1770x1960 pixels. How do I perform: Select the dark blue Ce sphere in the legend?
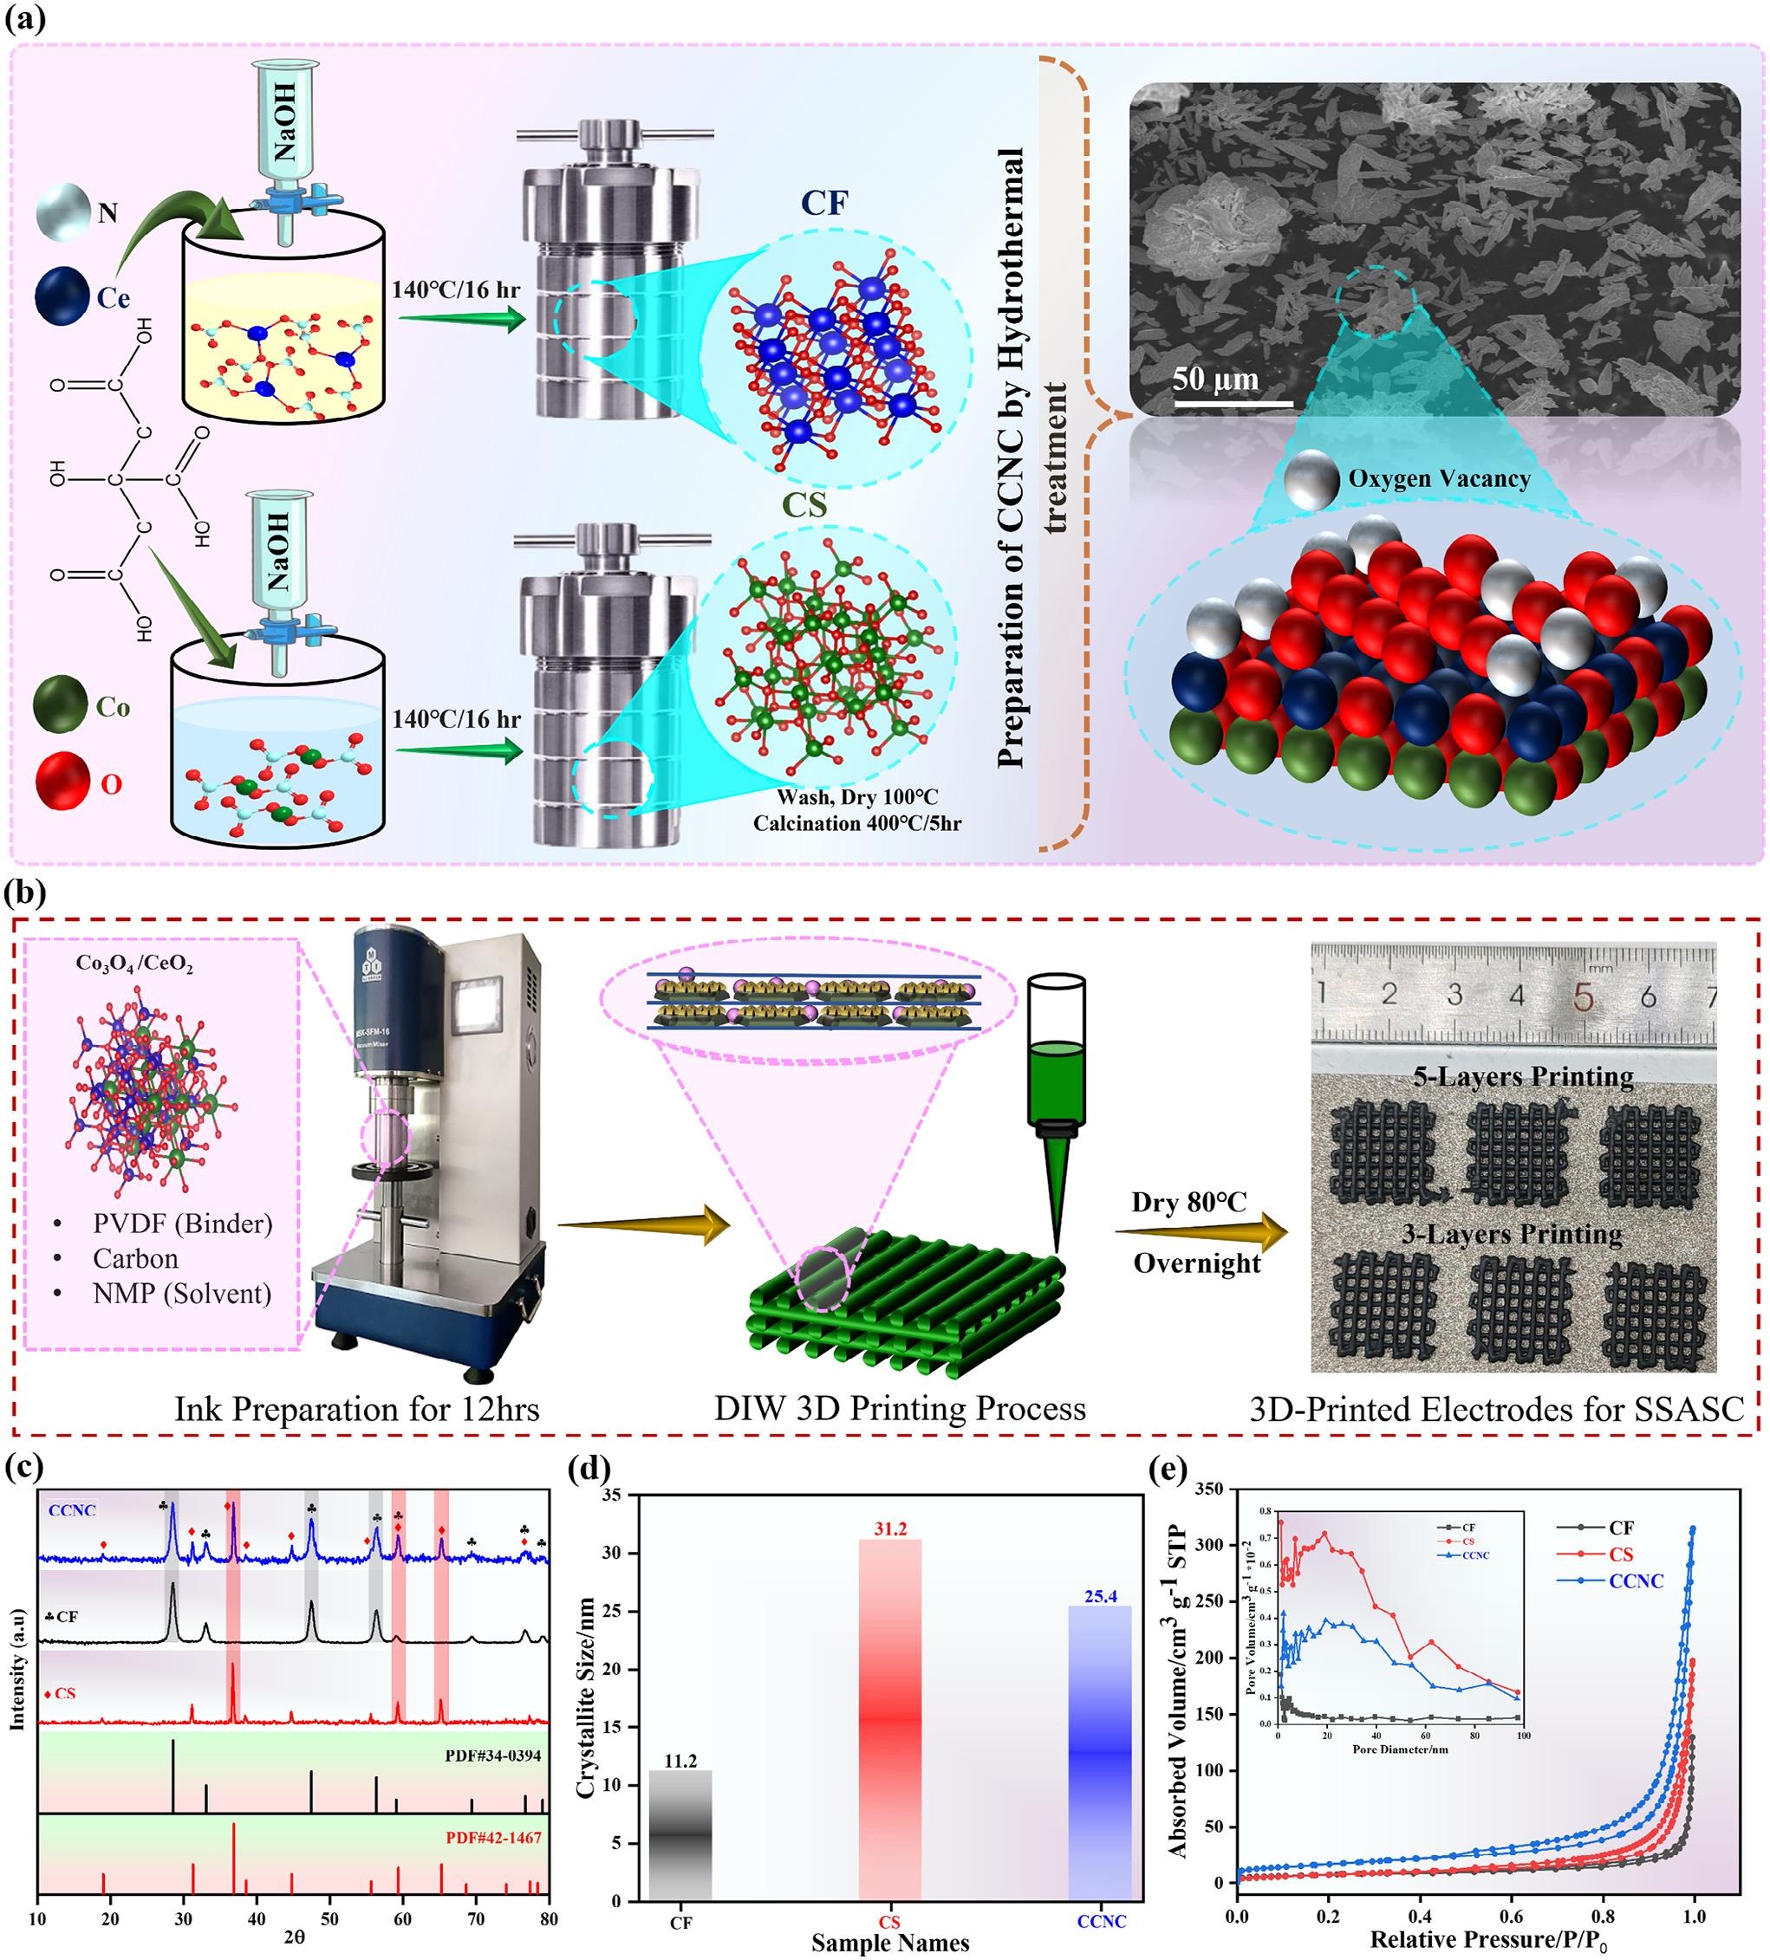[62, 295]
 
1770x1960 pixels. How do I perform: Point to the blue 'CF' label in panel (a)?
[823, 204]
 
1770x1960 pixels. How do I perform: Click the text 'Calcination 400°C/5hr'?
[856, 823]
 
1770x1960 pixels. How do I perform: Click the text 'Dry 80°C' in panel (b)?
[1188, 1203]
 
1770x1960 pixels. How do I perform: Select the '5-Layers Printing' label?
[1523, 1076]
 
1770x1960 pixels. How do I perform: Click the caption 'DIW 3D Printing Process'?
[900, 1409]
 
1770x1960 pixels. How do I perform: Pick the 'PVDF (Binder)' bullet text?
[182, 1223]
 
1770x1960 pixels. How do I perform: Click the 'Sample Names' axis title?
[890, 1943]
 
